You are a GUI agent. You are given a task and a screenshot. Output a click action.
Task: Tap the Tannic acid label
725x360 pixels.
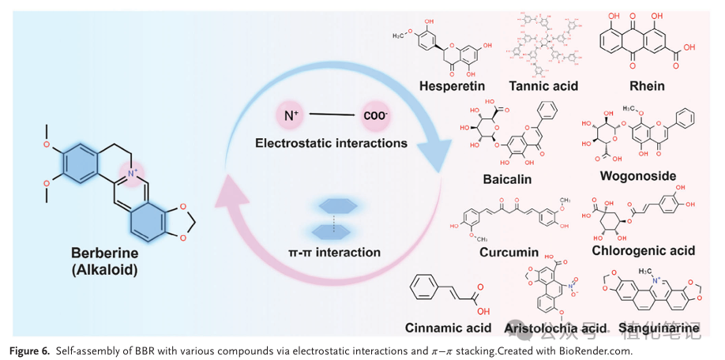(543, 85)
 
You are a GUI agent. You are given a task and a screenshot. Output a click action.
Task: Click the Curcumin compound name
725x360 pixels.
(509, 253)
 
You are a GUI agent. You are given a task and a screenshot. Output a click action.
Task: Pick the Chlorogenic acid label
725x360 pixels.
(643, 250)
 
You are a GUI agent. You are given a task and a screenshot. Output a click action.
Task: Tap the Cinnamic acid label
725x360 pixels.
(448, 328)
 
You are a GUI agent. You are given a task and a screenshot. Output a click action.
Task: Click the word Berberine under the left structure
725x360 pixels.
(105, 253)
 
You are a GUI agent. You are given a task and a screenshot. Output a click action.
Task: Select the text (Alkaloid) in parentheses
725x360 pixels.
(105, 269)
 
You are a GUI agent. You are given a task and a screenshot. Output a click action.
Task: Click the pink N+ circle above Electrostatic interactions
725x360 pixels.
(291, 116)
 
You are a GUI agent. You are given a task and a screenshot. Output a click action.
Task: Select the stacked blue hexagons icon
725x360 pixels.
(336, 218)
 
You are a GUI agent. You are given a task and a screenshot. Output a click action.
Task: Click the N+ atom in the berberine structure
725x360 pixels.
(132, 171)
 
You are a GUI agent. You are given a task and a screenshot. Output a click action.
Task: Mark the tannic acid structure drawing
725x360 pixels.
(543, 43)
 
